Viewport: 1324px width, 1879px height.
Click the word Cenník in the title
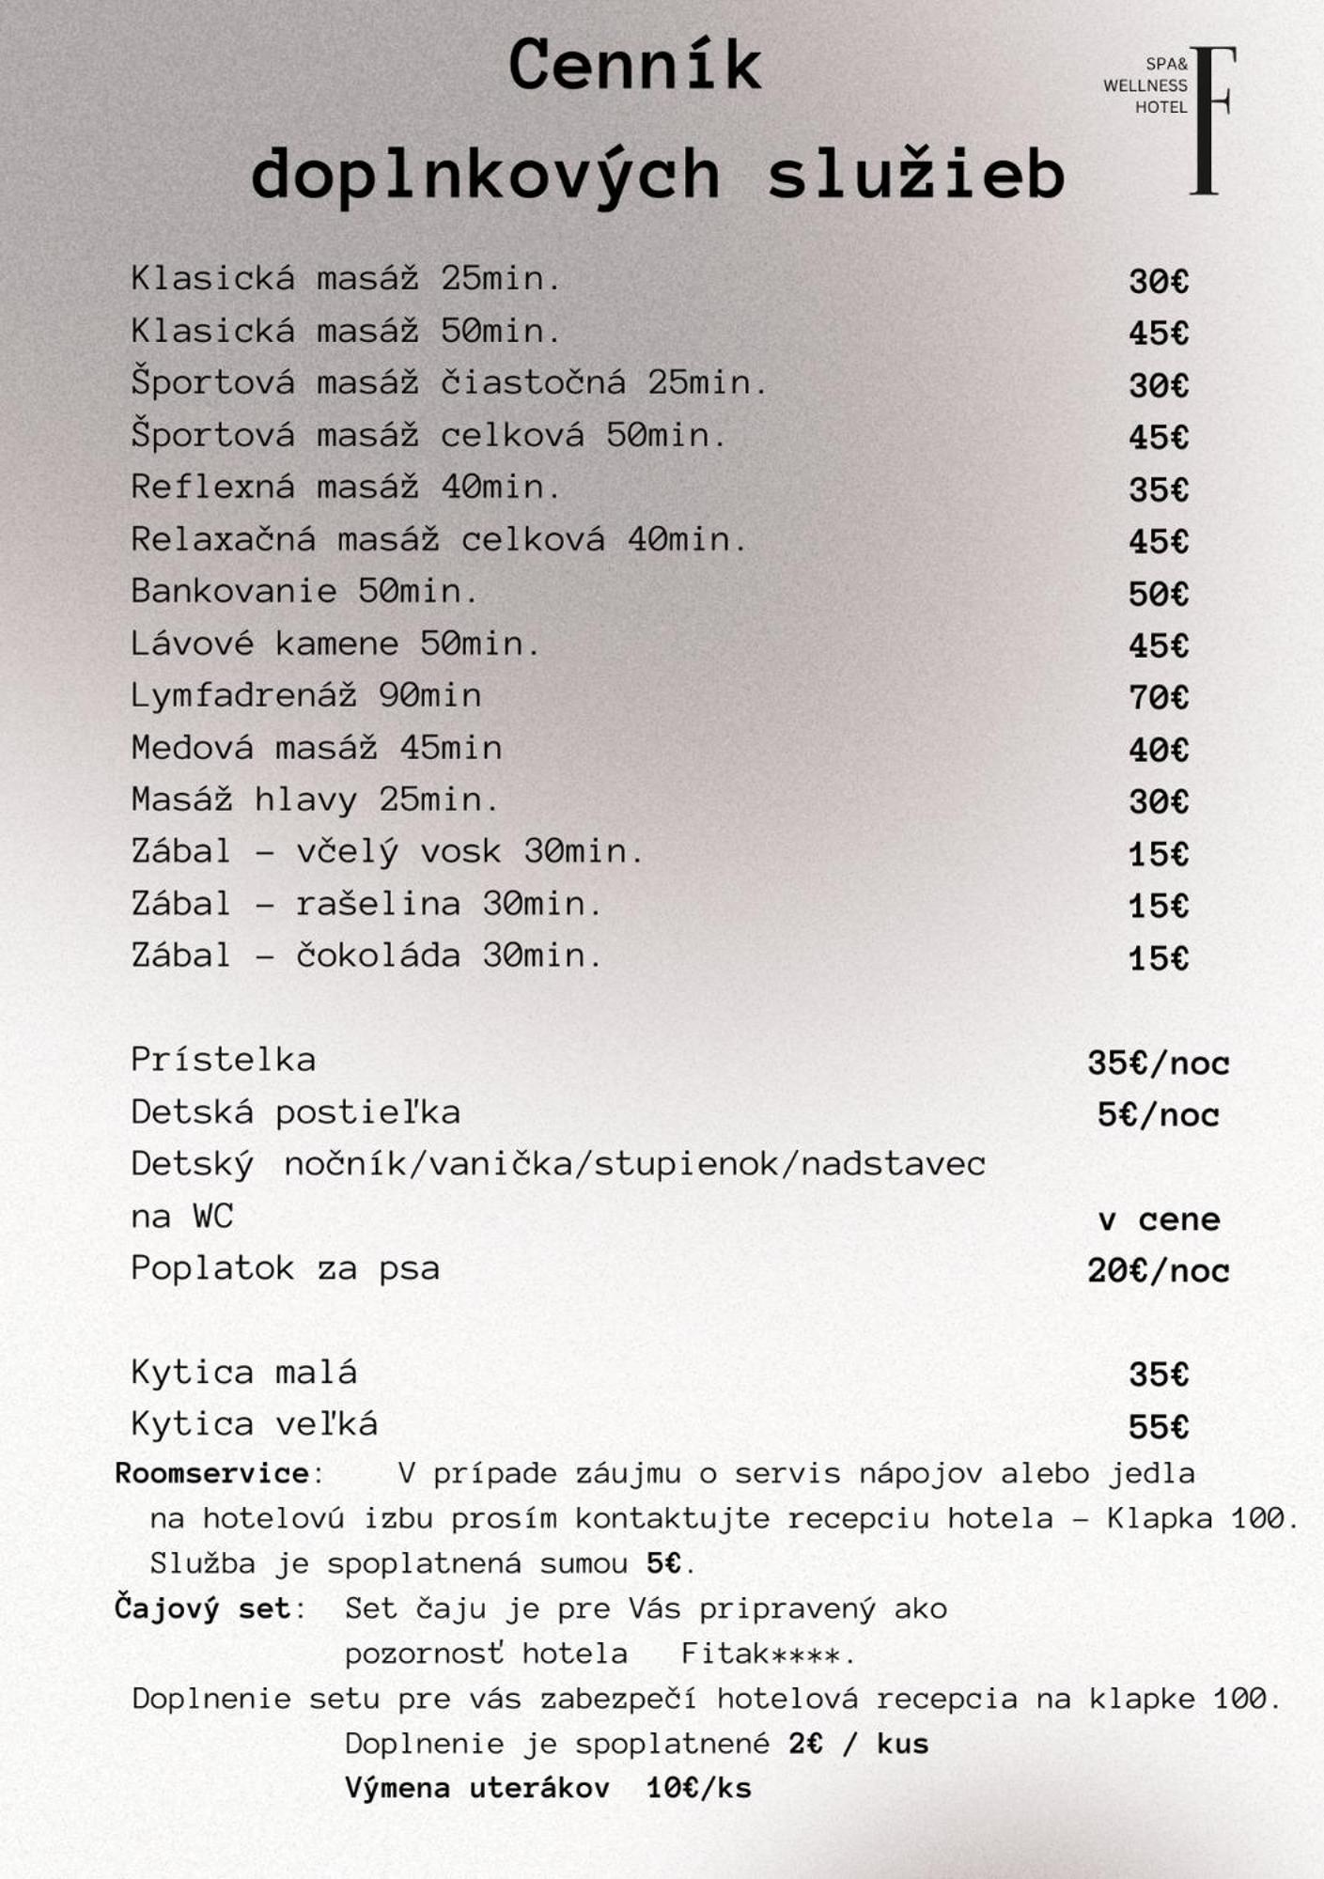click(634, 66)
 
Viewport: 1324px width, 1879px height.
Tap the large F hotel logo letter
click(1210, 120)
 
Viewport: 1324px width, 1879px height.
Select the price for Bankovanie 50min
click(1158, 594)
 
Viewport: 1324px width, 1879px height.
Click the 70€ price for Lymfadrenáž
click(1158, 698)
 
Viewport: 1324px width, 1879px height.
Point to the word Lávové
click(193, 644)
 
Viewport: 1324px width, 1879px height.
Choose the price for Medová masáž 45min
click(1158, 750)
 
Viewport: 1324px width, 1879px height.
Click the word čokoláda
click(378, 955)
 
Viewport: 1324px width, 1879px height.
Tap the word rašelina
click(378, 904)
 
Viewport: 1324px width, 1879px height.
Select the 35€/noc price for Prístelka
click(1158, 1064)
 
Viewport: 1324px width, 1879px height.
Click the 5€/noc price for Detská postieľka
click(1158, 1115)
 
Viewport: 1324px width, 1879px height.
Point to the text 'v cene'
click(1158, 1219)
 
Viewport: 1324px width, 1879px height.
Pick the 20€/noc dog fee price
click(1158, 1271)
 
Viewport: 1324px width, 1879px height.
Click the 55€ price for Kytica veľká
click(1158, 1427)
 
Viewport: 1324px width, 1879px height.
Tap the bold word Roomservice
click(211, 1473)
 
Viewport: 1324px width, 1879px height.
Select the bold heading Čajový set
click(202, 1608)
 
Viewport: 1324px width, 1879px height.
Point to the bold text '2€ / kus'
click(858, 1744)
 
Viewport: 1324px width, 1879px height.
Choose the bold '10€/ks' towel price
click(698, 1788)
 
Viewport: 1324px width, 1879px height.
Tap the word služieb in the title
click(916, 175)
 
